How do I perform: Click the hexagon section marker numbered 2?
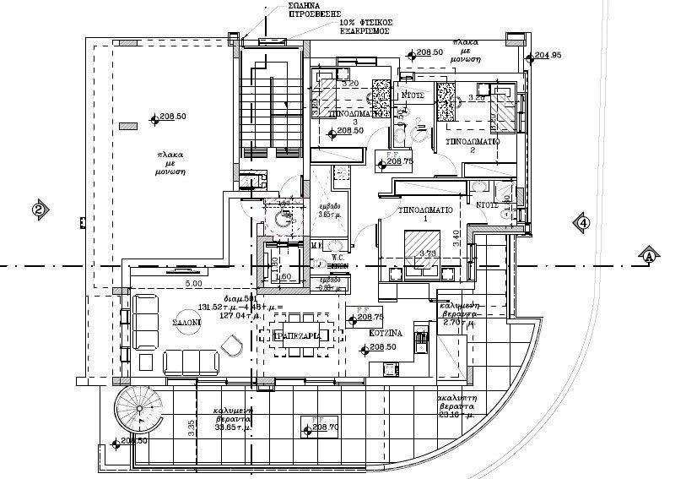click(x=39, y=210)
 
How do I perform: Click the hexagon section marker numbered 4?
click(x=581, y=222)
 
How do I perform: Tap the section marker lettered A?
click(x=648, y=254)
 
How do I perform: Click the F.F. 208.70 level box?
click(x=318, y=427)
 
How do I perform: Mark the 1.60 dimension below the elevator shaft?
click(x=284, y=275)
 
